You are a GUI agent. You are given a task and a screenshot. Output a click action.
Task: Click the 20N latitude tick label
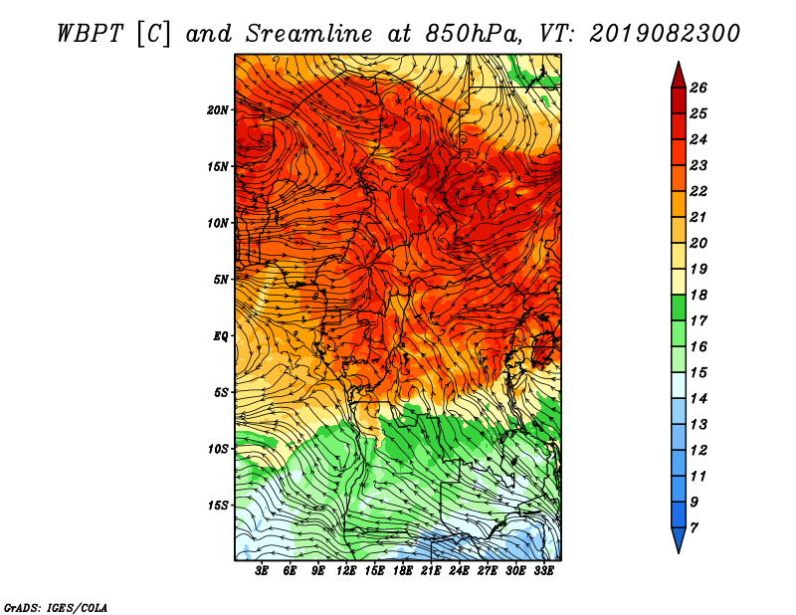point(217,110)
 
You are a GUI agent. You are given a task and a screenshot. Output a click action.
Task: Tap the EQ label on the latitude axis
point(220,336)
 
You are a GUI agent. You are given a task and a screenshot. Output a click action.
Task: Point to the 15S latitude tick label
point(217,506)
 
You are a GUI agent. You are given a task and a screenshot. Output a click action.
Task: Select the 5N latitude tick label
point(221,280)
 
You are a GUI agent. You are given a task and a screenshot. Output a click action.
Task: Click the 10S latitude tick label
point(217,449)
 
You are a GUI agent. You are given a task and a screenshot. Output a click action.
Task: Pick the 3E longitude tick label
point(262,571)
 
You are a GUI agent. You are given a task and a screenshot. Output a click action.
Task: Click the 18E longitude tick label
point(403,571)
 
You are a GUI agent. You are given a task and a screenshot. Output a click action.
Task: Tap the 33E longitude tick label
point(543,571)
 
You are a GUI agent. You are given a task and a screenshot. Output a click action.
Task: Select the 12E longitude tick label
point(346,571)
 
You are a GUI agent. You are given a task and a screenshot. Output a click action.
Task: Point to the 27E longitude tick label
point(488,571)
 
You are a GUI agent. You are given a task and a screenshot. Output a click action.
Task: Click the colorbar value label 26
point(698,88)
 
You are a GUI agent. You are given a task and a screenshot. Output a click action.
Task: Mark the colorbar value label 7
point(694,528)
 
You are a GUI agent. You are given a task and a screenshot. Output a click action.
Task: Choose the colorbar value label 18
point(698,295)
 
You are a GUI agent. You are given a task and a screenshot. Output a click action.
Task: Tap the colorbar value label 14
point(698,399)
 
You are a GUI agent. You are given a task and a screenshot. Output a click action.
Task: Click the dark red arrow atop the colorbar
point(679,77)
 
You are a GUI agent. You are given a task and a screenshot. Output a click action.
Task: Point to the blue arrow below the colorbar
point(679,539)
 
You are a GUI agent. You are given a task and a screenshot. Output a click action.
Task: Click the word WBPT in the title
point(90,34)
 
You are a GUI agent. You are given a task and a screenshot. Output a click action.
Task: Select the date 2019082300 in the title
point(665,34)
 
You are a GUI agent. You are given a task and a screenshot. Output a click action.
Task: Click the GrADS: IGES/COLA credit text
point(56,608)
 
